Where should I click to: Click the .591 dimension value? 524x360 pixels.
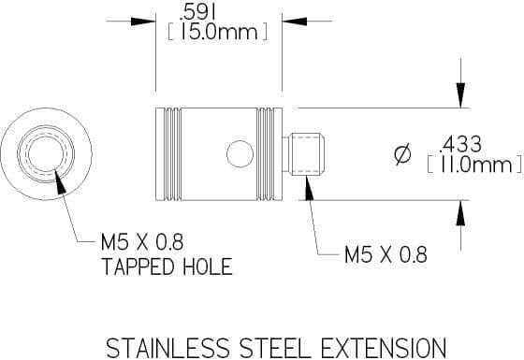196,14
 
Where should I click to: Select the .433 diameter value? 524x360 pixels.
461,145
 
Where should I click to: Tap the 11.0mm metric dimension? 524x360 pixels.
475,165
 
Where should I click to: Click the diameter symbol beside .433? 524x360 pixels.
402,154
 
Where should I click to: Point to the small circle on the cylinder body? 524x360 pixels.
240,154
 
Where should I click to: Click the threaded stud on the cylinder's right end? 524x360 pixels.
303,154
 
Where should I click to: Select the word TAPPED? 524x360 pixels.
138,266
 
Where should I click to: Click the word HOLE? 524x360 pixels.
208,266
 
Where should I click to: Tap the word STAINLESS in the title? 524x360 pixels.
168,348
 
